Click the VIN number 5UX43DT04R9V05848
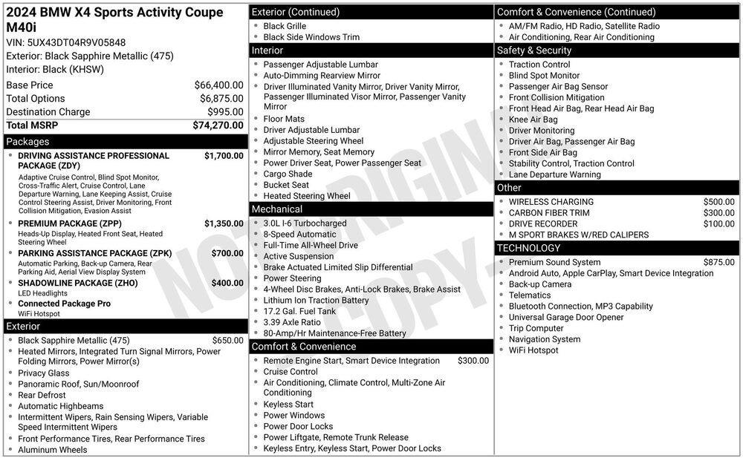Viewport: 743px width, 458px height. (77, 42)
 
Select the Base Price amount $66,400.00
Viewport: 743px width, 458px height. (218, 85)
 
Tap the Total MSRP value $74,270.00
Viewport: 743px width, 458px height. (217, 125)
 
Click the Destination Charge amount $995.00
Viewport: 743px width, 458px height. (225, 112)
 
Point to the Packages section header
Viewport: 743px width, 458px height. (27, 141)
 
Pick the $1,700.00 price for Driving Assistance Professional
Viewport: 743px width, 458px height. (224, 156)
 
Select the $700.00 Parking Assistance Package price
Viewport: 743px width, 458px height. (227, 253)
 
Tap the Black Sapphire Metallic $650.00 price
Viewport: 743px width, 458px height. (227, 341)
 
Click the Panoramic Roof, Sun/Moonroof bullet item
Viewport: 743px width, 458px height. (79, 385)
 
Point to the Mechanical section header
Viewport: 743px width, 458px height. (277, 209)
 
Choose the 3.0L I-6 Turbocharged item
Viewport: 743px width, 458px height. (305, 223)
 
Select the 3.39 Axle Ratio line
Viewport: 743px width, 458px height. (292, 322)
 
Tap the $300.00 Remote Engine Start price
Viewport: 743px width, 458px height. (473, 361)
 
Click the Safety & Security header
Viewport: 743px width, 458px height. (534, 50)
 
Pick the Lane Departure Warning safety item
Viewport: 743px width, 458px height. (555, 174)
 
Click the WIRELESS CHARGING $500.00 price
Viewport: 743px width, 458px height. (718, 202)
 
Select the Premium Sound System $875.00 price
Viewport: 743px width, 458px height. (718, 262)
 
